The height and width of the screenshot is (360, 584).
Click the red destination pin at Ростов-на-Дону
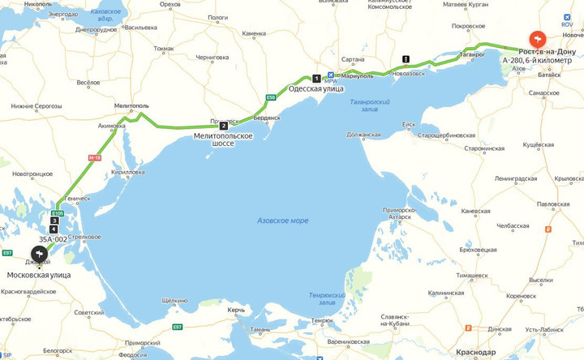(x=537, y=40)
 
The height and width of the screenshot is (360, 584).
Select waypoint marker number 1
(x=316, y=78)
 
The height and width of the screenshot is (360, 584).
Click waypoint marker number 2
(x=223, y=125)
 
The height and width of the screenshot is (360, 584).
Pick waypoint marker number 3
(x=54, y=221)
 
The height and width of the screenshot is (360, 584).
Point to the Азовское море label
(x=282, y=221)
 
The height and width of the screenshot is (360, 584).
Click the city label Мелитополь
(x=131, y=106)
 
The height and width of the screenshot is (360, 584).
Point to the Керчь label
(x=236, y=311)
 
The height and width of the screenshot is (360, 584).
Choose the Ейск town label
(x=409, y=124)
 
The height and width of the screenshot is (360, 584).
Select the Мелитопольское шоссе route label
(x=223, y=139)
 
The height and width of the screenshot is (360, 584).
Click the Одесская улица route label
(x=316, y=89)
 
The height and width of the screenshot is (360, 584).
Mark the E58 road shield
(x=271, y=98)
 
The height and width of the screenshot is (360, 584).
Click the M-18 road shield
(x=96, y=158)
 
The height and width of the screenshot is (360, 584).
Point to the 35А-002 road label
(x=54, y=239)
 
